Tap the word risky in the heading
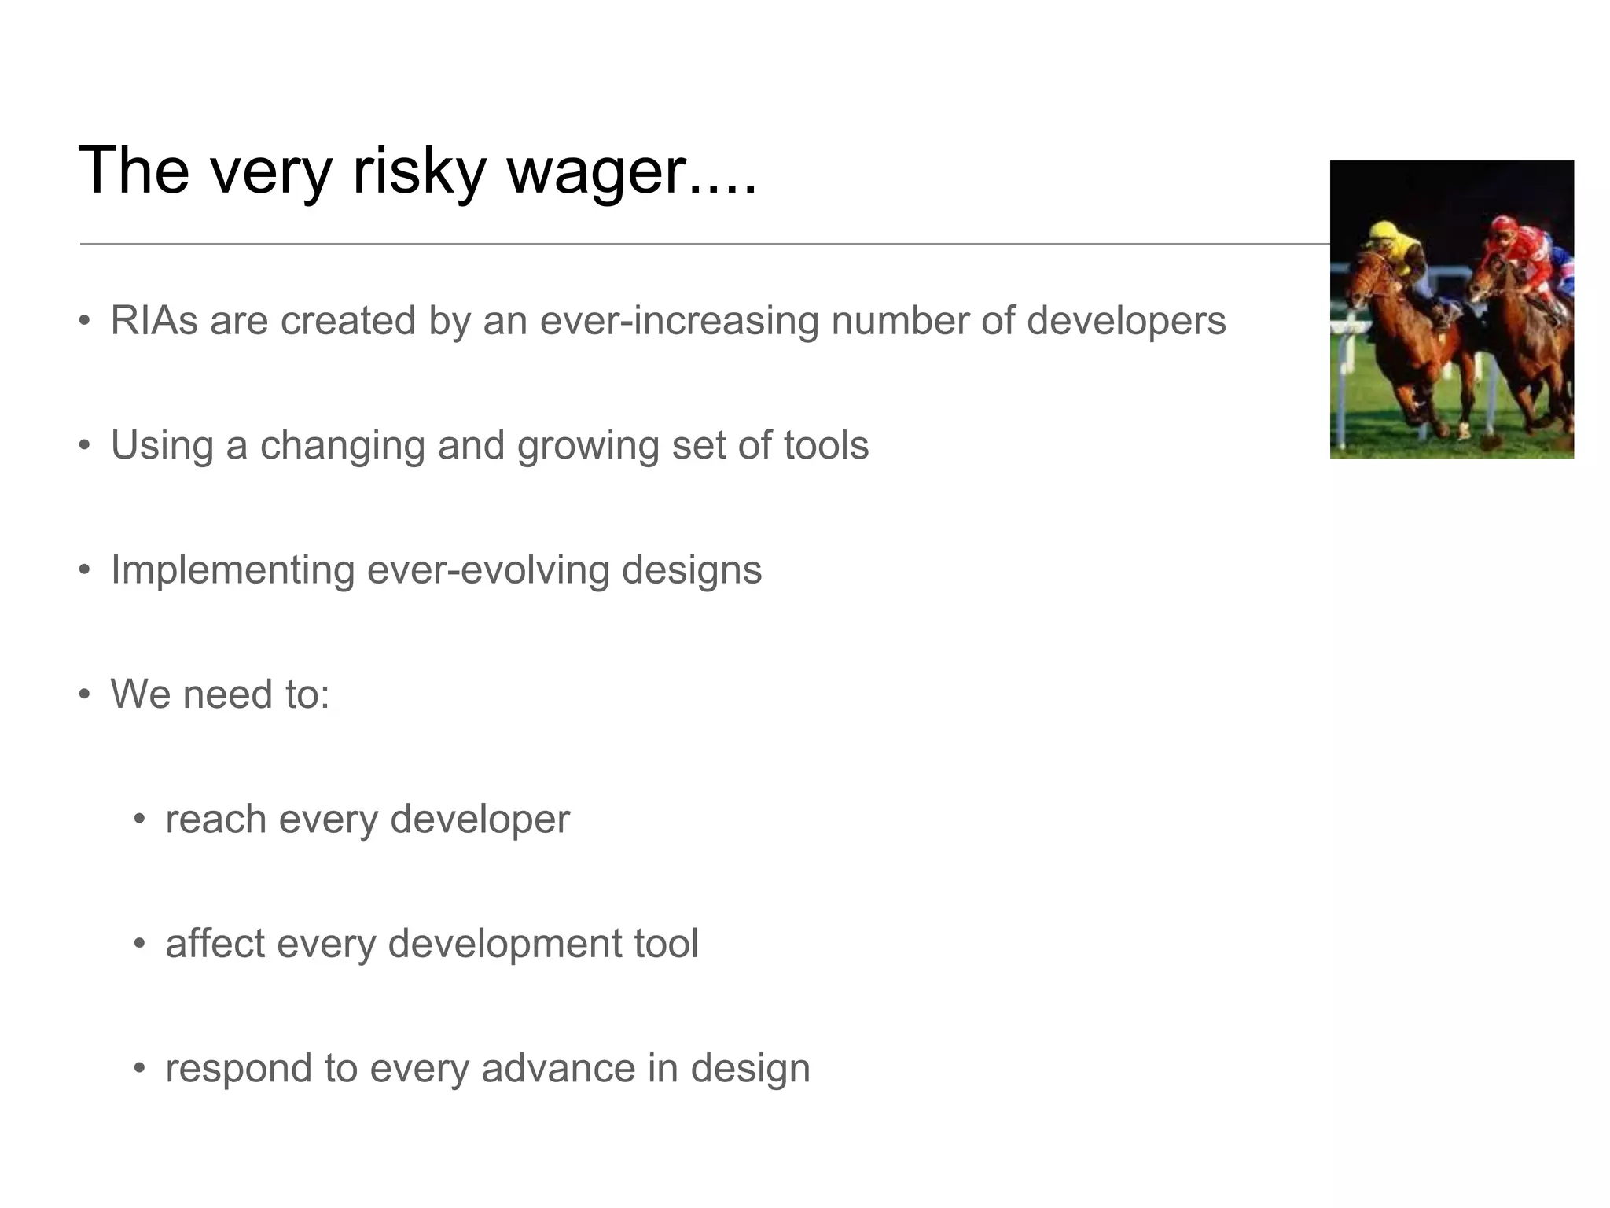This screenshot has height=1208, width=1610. click(x=419, y=171)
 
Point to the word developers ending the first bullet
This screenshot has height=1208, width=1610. click(x=1126, y=321)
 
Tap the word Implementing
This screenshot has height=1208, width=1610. click(x=232, y=570)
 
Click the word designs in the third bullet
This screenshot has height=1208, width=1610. click(x=691, y=570)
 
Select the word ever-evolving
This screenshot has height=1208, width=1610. click(x=487, y=570)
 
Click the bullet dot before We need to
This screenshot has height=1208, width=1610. click(x=85, y=695)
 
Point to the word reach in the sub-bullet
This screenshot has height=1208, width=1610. click(x=216, y=819)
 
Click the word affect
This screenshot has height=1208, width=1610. click(x=215, y=943)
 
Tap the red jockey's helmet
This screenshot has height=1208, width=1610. click(x=1498, y=227)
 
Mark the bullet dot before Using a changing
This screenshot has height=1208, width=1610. click(x=85, y=446)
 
